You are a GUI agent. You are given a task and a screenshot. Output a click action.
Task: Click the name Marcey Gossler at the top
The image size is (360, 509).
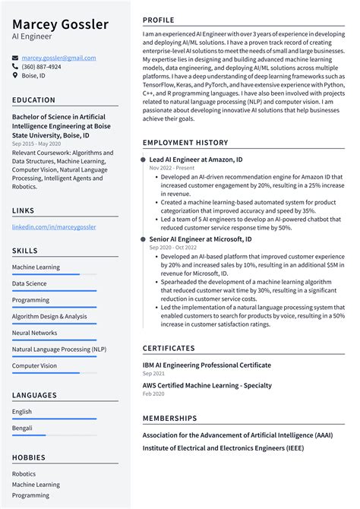tap(60, 25)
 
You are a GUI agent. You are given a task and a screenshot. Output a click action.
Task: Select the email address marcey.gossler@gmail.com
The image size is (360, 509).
tap(58, 58)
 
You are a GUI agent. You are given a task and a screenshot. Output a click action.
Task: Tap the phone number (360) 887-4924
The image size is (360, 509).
tap(41, 67)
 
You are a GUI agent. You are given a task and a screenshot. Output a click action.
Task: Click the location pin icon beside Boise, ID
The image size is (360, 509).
tap(15, 76)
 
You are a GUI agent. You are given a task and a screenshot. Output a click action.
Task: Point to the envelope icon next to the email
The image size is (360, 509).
tap(15, 58)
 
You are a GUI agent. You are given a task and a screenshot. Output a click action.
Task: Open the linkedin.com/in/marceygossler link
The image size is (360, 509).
tap(54, 226)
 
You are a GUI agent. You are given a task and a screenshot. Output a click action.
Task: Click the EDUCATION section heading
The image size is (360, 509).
tap(33, 100)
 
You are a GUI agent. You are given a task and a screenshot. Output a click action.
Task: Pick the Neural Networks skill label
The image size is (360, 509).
tap(34, 333)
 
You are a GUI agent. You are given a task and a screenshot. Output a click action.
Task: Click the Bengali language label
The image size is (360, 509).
tap(23, 428)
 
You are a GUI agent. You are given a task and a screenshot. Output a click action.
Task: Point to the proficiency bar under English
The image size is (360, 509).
tap(54, 419)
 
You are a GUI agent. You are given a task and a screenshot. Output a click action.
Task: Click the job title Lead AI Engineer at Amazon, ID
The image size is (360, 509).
tap(196, 160)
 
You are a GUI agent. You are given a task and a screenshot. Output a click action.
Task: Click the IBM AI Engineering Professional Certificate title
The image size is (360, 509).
tap(207, 365)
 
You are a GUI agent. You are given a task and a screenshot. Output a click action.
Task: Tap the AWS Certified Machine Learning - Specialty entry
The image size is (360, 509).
tap(207, 385)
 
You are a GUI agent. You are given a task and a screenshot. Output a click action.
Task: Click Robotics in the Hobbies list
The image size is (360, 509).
tap(24, 473)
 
